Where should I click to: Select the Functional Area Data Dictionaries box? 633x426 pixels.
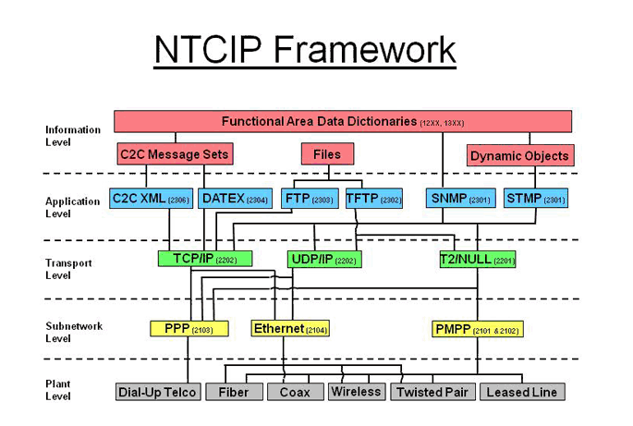pyautogui.click(x=343, y=121)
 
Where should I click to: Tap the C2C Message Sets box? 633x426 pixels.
pyautogui.click(x=174, y=154)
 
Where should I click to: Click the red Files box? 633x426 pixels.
pyautogui.click(x=327, y=154)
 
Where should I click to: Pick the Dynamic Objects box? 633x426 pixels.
pyautogui.click(x=519, y=156)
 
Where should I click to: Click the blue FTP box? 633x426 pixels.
pyautogui.click(x=310, y=198)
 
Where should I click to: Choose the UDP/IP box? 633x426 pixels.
pyautogui.click(x=325, y=260)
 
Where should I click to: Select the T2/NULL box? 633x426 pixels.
pyautogui.click(x=477, y=260)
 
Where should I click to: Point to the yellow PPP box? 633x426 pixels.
pyautogui.click(x=182, y=328)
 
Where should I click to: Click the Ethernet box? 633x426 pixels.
pyautogui.click(x=290, y=328)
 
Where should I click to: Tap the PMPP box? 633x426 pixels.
pyautogui.click(x=477, y=328)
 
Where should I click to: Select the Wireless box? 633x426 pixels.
pyautogui.click(x=356, y=391)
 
